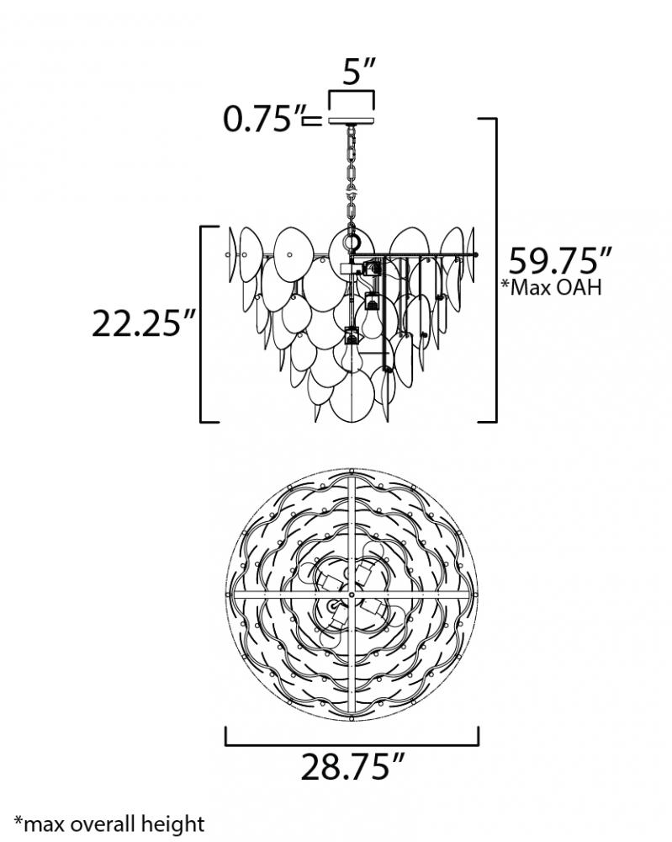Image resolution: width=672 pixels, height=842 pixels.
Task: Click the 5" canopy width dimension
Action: pyautogui.click(x=359, y=72)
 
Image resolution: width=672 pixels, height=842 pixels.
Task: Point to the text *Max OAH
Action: pyautogui.click(x=551, y=287)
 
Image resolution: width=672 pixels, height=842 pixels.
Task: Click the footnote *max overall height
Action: pyautogui.click(x=108, y=823)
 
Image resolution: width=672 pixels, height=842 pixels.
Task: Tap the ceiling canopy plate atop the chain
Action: pyautogui.click(x=352, y=120)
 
